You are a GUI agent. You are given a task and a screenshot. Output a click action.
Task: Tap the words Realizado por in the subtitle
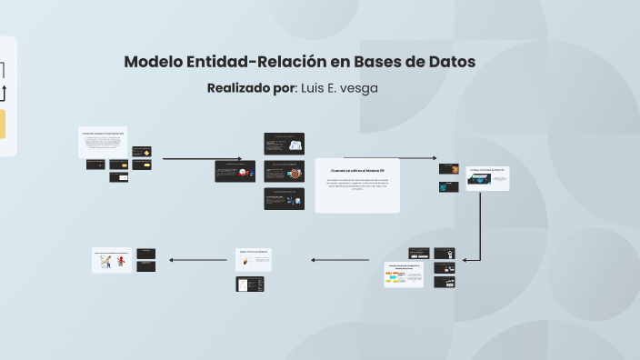click(x=251, y=88)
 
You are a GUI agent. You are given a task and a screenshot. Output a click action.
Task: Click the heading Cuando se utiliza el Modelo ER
click(x=357, y=171)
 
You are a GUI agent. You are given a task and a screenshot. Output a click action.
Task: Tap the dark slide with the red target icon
click(x=284, y=171)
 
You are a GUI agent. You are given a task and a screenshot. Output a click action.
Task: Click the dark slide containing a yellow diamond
click(x=142, y=152)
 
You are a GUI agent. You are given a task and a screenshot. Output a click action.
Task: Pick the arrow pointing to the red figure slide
click(x=198, y=261)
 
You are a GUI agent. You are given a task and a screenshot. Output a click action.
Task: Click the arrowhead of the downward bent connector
click(x=465, y=261)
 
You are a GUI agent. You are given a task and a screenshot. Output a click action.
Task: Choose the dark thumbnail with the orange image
click(x=448, y=168)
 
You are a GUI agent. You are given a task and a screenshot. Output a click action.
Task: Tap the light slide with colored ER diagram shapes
click(x=404, y=274)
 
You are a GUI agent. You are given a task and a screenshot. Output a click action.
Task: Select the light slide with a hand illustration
click(x=255, y=260)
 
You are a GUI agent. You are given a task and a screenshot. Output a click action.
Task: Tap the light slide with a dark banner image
click(x=487, y=178)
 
